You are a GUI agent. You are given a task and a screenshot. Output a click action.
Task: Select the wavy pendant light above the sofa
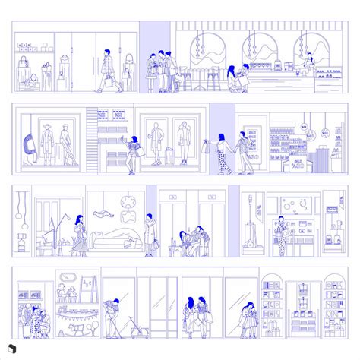(x=125, y=201)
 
